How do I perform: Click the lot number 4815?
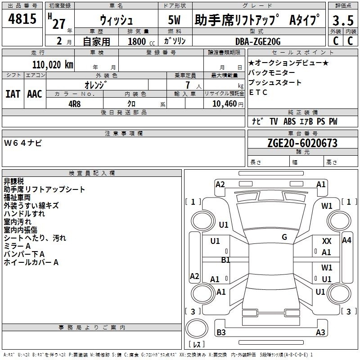pos(22,19)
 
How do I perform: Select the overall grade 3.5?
pos(343,20)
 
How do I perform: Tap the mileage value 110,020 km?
pos(53,65)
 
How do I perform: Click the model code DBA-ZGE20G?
pos(258,41)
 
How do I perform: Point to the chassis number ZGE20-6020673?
pos(302,143)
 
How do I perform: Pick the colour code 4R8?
pos(75,104)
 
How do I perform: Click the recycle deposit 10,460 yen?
pos(228,104)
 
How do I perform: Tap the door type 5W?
pos(174,20)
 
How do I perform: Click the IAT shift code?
pos(13,94)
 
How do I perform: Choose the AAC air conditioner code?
pos(35,94)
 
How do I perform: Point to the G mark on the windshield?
pos(284,237)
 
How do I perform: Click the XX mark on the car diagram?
pos(327,241)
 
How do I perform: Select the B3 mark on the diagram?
pos(221,332)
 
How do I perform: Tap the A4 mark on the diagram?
pos(346,240)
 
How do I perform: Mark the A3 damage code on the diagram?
pos(320,332)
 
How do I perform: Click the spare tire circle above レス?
pos(197,328)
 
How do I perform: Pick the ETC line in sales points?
pos(258,92)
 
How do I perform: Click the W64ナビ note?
pos(23,143)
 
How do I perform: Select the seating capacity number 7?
pos(188,85)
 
